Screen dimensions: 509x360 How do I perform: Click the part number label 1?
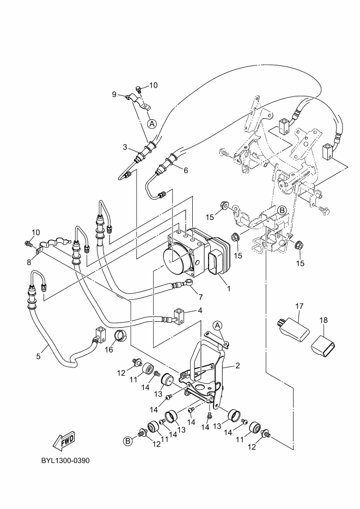pos(229,289)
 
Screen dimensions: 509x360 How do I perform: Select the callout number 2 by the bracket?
pos(237,366)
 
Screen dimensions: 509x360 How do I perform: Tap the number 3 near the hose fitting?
pos(125,148)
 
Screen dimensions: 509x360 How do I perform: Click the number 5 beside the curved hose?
pos(38,357)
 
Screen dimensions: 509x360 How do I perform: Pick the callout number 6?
pos(186,170)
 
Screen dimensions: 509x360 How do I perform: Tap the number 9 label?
pos(114,94)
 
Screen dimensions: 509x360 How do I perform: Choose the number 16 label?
pos(109,349)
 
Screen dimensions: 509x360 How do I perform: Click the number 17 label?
pos(299,306)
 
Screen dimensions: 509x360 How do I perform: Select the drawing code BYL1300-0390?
pos(65,461)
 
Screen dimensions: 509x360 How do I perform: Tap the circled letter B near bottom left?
pos(128,441)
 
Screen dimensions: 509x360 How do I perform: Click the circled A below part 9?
pos(152,124)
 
